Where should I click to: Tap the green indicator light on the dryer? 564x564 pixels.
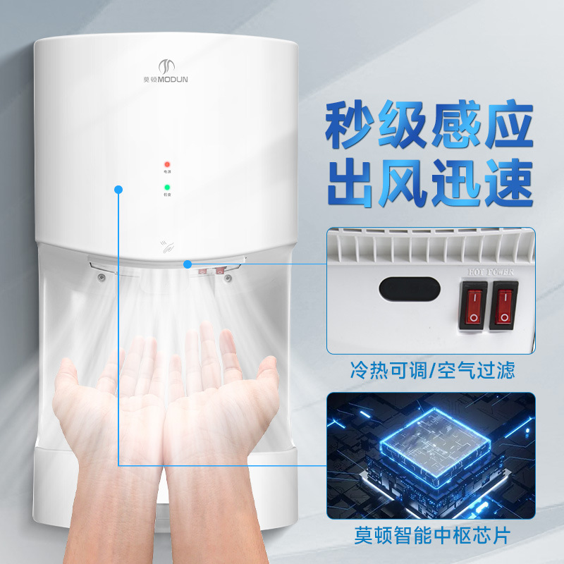coord(167,187)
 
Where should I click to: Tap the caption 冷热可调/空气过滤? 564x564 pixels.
coord(432,369)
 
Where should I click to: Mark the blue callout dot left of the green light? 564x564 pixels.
coord(118,189)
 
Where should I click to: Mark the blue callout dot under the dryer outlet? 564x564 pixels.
coord(187,264)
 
